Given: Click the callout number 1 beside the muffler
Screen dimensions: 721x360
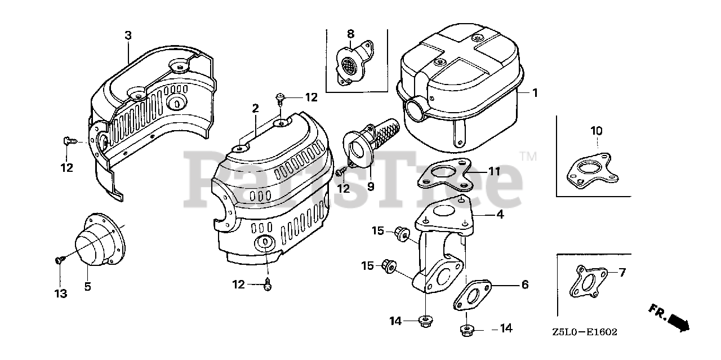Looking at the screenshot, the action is (x=535, y=92).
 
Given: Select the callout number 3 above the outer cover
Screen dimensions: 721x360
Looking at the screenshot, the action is (x=128, y=35).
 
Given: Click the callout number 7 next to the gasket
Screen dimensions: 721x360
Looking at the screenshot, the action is (x=622, y=273).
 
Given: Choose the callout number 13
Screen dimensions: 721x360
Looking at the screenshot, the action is (x=60, y=293).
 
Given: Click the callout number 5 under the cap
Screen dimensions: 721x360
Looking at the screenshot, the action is (x=87, y=287).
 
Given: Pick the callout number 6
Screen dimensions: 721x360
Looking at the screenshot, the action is (x=524, y=285).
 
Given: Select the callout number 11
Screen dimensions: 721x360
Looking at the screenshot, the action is (x=494, y=171).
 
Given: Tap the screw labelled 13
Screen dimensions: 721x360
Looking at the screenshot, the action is (x=59, y=259).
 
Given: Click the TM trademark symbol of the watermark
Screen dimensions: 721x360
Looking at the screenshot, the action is (x=528, y=156).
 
